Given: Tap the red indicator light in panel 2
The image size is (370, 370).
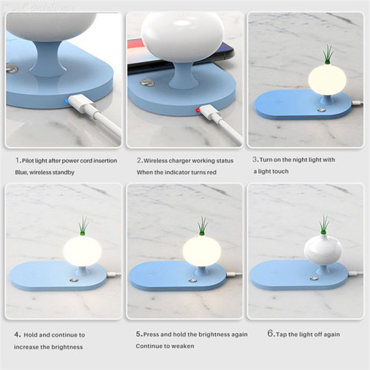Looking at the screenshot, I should pos(198,110).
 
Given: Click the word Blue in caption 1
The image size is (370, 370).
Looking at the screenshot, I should pos(23,172).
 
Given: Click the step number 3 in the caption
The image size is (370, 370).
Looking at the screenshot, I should pos(255,159).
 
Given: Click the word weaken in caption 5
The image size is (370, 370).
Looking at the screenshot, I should pos(182,346).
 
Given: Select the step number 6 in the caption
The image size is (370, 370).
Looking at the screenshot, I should pos(271,334).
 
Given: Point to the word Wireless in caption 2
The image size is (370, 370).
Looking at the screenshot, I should pos(159,159).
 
